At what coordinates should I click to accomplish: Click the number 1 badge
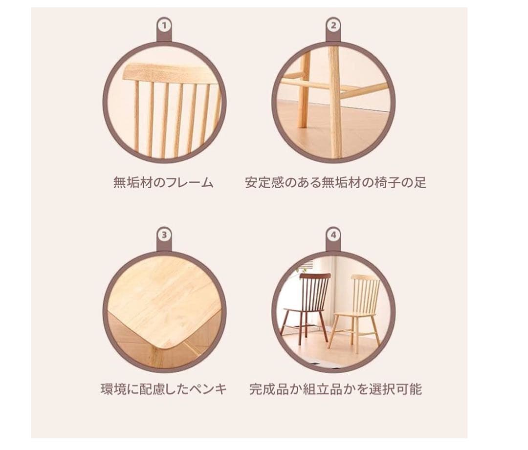click(164, 24)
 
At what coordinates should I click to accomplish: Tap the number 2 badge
click(333, 24)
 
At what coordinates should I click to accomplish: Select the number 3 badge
click(164, 235)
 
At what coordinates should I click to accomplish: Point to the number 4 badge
click(333, 235)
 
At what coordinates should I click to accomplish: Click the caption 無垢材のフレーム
click(164, 183)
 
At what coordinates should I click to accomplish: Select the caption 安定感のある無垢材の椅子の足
click(335, 183)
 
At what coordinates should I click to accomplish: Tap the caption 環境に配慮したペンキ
click(164, 389)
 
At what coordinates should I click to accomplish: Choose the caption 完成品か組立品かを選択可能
click(335, 389)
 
